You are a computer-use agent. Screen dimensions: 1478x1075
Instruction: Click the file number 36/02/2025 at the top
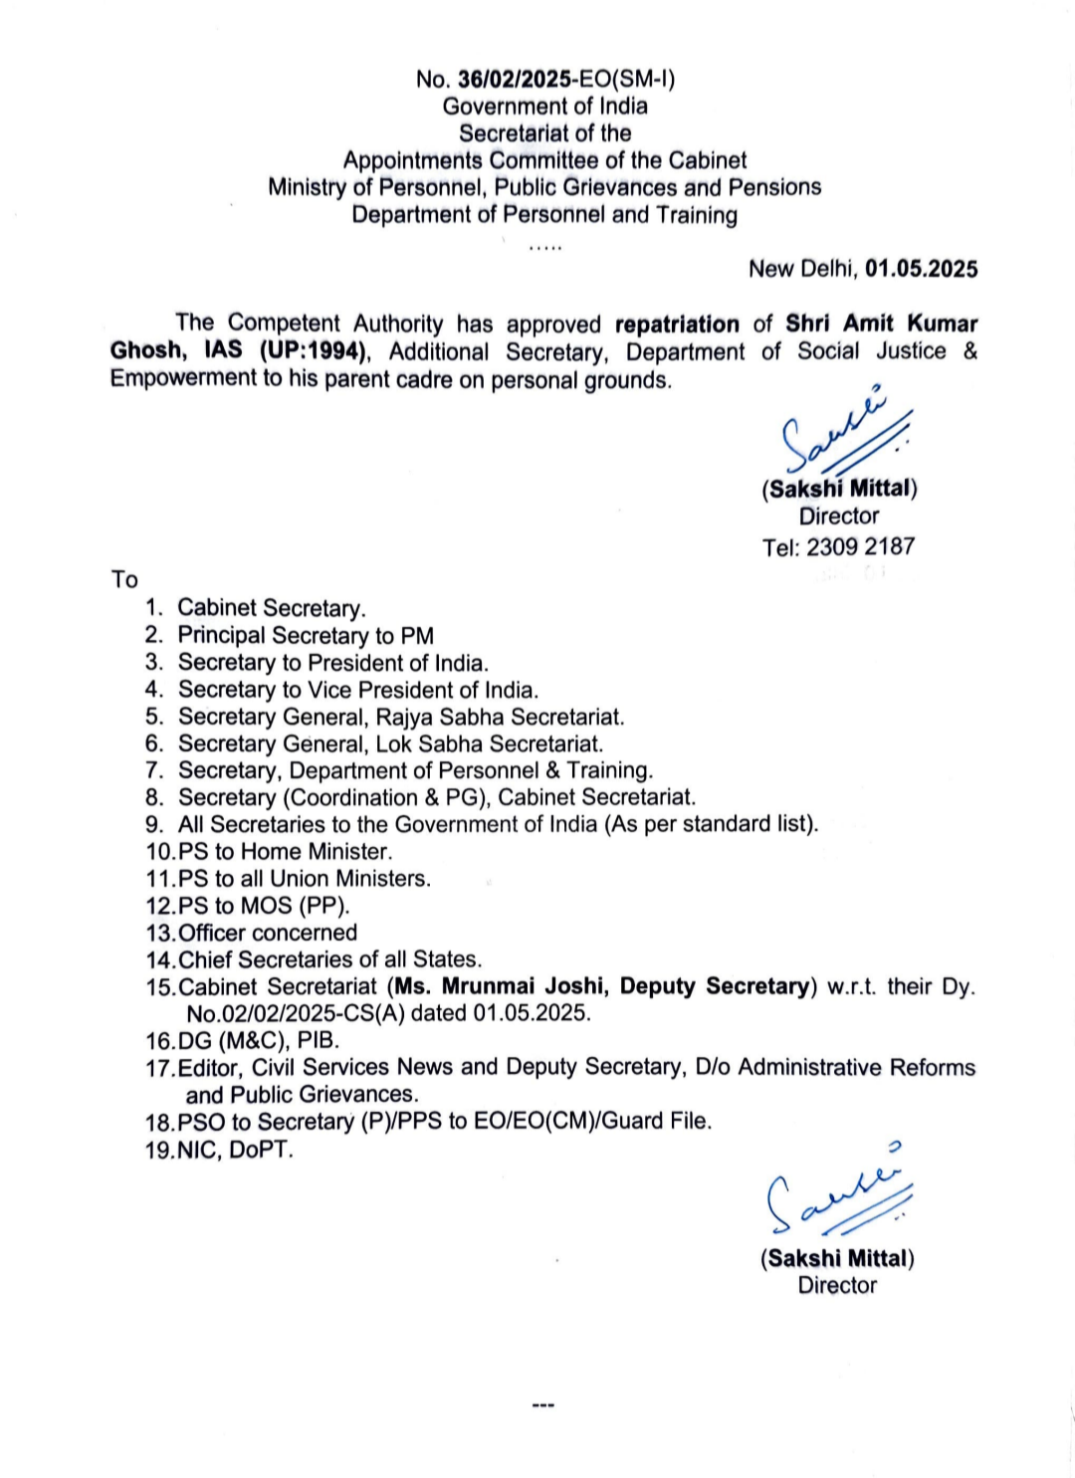pos(515,80)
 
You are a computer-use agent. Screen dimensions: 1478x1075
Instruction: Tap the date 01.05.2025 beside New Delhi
pos(921,269)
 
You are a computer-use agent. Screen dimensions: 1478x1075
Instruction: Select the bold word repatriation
pos(677,324)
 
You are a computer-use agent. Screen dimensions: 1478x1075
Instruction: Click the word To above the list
pos(124,579)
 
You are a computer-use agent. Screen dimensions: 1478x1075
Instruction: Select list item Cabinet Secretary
pos(271,608)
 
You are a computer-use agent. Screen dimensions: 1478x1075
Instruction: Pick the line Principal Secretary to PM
pos(306,635)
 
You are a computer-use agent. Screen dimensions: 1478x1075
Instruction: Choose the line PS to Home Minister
pos(285,852)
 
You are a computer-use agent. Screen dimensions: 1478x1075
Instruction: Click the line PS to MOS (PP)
pos(264,906)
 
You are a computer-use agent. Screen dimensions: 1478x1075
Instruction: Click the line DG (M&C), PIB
pos(259,1040)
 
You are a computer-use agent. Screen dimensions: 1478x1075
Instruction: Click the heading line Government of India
pos(544,106)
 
